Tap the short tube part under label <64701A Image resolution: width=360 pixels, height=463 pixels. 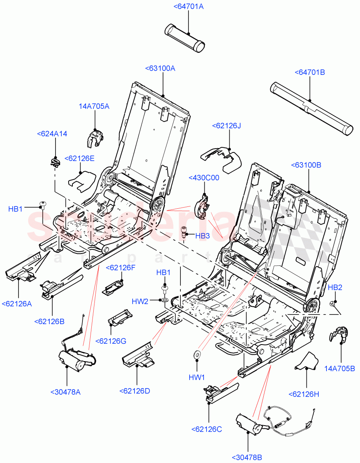185,37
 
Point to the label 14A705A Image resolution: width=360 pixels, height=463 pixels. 94,106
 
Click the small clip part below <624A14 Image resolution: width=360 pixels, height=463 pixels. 55,161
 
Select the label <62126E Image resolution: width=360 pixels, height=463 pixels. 79,158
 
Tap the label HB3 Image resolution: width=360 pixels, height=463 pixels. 202,236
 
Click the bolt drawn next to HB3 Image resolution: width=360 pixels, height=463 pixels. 185,233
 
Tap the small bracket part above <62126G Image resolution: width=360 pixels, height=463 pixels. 120,317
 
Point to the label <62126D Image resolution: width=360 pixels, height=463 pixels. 135,390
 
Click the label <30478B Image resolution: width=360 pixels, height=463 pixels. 247,458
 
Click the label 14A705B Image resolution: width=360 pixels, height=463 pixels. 339,368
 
